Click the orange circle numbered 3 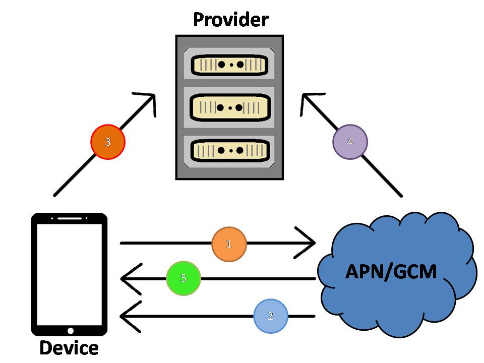pos(107,142)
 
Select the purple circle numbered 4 pos(350,142)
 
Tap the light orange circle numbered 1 pos(229,244)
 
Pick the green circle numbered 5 pos(184,278)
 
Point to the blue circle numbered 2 pos(270,317)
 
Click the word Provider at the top pos(230,20)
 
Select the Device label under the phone pos(69,348)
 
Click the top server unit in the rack pos(230,65)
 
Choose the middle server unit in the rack pos(230,107)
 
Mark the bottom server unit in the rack pos(230,150)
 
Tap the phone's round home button pos(70,331)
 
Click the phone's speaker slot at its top pos(70,219)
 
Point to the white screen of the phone pos(70,274)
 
